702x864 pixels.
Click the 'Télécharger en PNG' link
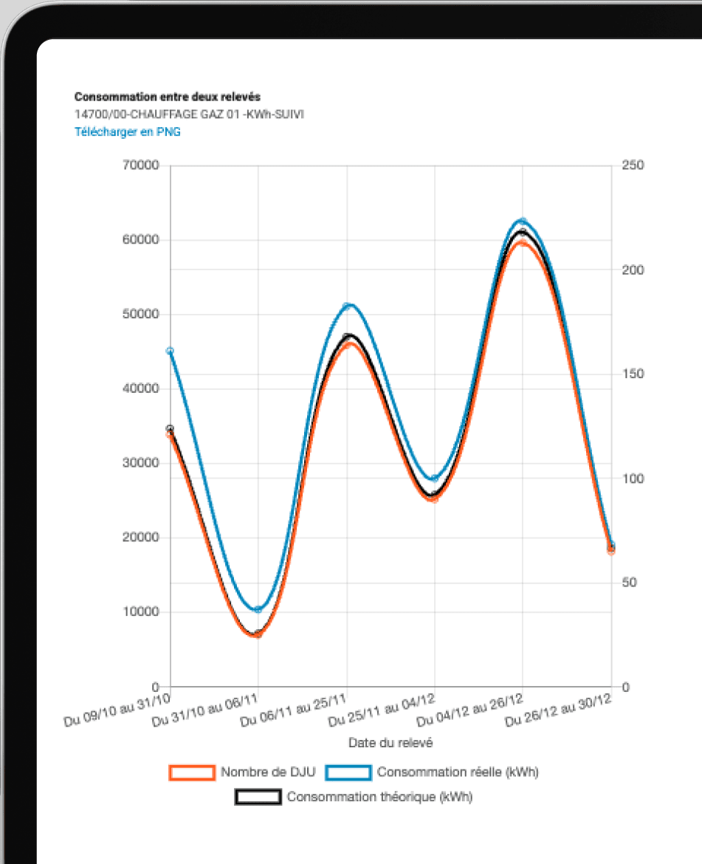click(x=128, y=131)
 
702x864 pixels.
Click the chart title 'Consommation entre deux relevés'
click(x=168, y=97)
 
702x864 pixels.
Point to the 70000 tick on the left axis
click(x=140, y=165)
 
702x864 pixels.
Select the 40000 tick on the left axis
click(x=140, y=388)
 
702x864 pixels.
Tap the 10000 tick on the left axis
click(x=140, y=611)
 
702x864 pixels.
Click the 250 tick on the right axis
click(x=633, y=165)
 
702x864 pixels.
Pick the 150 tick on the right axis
click(x=633, y=374)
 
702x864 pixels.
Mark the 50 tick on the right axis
click(x=630, y=583)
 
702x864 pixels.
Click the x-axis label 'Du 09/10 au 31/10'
click(x=117, y=710)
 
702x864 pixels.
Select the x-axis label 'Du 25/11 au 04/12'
click(x=382, y=710)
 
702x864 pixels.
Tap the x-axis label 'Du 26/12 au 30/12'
click(x=558, y=710)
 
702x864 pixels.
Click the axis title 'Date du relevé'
click(x=390, y=743)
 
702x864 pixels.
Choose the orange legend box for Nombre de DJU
click(x=192, y=772)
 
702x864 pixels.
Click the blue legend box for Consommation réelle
click(x=348, y=772)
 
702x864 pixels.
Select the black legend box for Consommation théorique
click(x=258, y=797)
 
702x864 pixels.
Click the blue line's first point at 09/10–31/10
click(x=170, y=351)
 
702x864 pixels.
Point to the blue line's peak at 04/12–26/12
click(x=523, y=222)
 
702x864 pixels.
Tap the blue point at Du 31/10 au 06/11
click(x=258, y=609)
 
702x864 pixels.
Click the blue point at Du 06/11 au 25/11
click(x=347, y=306)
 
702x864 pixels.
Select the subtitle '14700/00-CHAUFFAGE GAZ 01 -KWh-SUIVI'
click(x=189, y=114)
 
